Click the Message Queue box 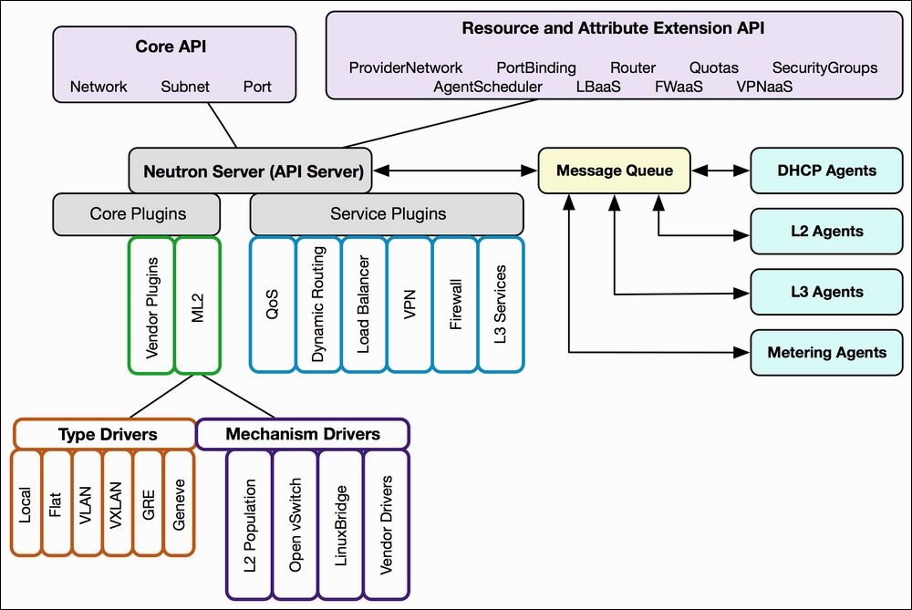click(614, 171)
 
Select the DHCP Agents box click(826, 171)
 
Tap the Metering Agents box click(826, 352)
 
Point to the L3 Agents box click(826, 292)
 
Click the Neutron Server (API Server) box click(250, 171)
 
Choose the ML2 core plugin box click(198, 305)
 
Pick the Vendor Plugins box click(151, 305)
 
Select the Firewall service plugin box click(455, 305)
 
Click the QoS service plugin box click(272, 305)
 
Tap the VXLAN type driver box click(117, 502)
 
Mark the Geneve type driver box click(179, 502)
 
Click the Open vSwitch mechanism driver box click(295, 524)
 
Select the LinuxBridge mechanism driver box click(341, 524)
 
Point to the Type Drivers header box click(105, 434)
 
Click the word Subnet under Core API click(185, 87)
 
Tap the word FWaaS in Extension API click(679, 87)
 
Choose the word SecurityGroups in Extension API click(824, 68)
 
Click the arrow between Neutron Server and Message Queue click(455, 171)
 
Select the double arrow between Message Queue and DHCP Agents click(720, 171)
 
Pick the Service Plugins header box click(387, 214)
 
